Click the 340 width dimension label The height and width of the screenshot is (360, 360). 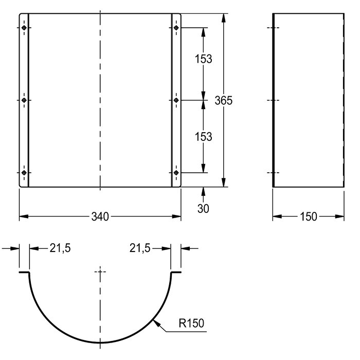click(100, 217)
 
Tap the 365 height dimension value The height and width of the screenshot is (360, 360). click(223, 100)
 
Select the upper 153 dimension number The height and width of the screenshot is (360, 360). click(204, 59)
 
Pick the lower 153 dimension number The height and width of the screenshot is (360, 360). click(204, 137)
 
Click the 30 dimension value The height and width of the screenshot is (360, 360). click(203, 209)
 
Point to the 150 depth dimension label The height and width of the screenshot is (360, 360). click(309, 217)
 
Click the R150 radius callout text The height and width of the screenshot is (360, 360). click(191, 323)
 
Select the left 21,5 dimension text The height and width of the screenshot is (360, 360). click(60, 248)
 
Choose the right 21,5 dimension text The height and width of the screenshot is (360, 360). click(140, 248)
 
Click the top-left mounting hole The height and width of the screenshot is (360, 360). click(24, 28)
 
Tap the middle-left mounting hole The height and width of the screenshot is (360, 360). click(24, 100)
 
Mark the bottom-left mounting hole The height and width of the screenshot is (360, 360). click(24, 173)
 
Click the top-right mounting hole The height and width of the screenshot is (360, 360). click(176, 28)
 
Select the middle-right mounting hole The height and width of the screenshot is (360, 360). click(176, 100)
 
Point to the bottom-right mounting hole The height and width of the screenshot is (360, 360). click(176, 173)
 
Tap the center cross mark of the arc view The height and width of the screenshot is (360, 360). click(100, 272)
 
